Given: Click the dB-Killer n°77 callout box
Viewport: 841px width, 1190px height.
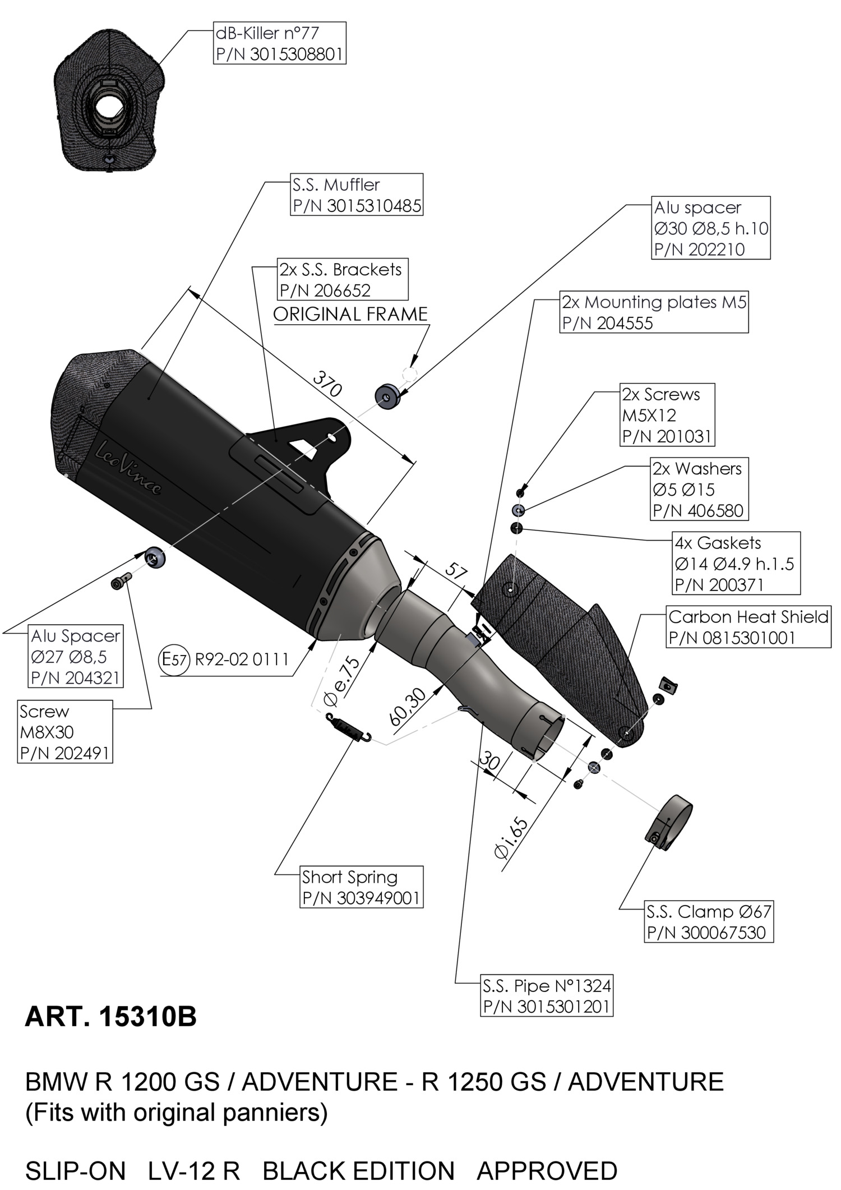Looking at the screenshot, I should [x=279, y=43].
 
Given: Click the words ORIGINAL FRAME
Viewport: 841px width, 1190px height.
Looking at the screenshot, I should [x=350, y=314].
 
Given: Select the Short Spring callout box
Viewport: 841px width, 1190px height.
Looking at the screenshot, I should [x=361, y=887].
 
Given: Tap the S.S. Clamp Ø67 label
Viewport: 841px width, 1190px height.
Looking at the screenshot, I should [x=709, y=921].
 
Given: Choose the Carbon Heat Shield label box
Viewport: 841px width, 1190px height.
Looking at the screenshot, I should [x=748, y=627].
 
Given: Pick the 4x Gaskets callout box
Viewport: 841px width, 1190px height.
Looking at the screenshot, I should [x=736, y=563].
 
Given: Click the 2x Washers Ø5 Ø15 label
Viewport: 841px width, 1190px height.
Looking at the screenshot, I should [x=699, y=489].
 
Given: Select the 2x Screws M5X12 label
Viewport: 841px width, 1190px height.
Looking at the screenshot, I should [x=667, y=415].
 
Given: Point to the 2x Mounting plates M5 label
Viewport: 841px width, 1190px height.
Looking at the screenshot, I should [x=654, y=312].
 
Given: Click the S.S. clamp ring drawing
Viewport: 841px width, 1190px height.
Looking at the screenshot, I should [x=668, y=822].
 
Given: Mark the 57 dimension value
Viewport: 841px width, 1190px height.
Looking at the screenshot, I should [x=456, y=572].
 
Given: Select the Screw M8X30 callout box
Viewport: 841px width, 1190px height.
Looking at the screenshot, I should [x=64, y=732].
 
